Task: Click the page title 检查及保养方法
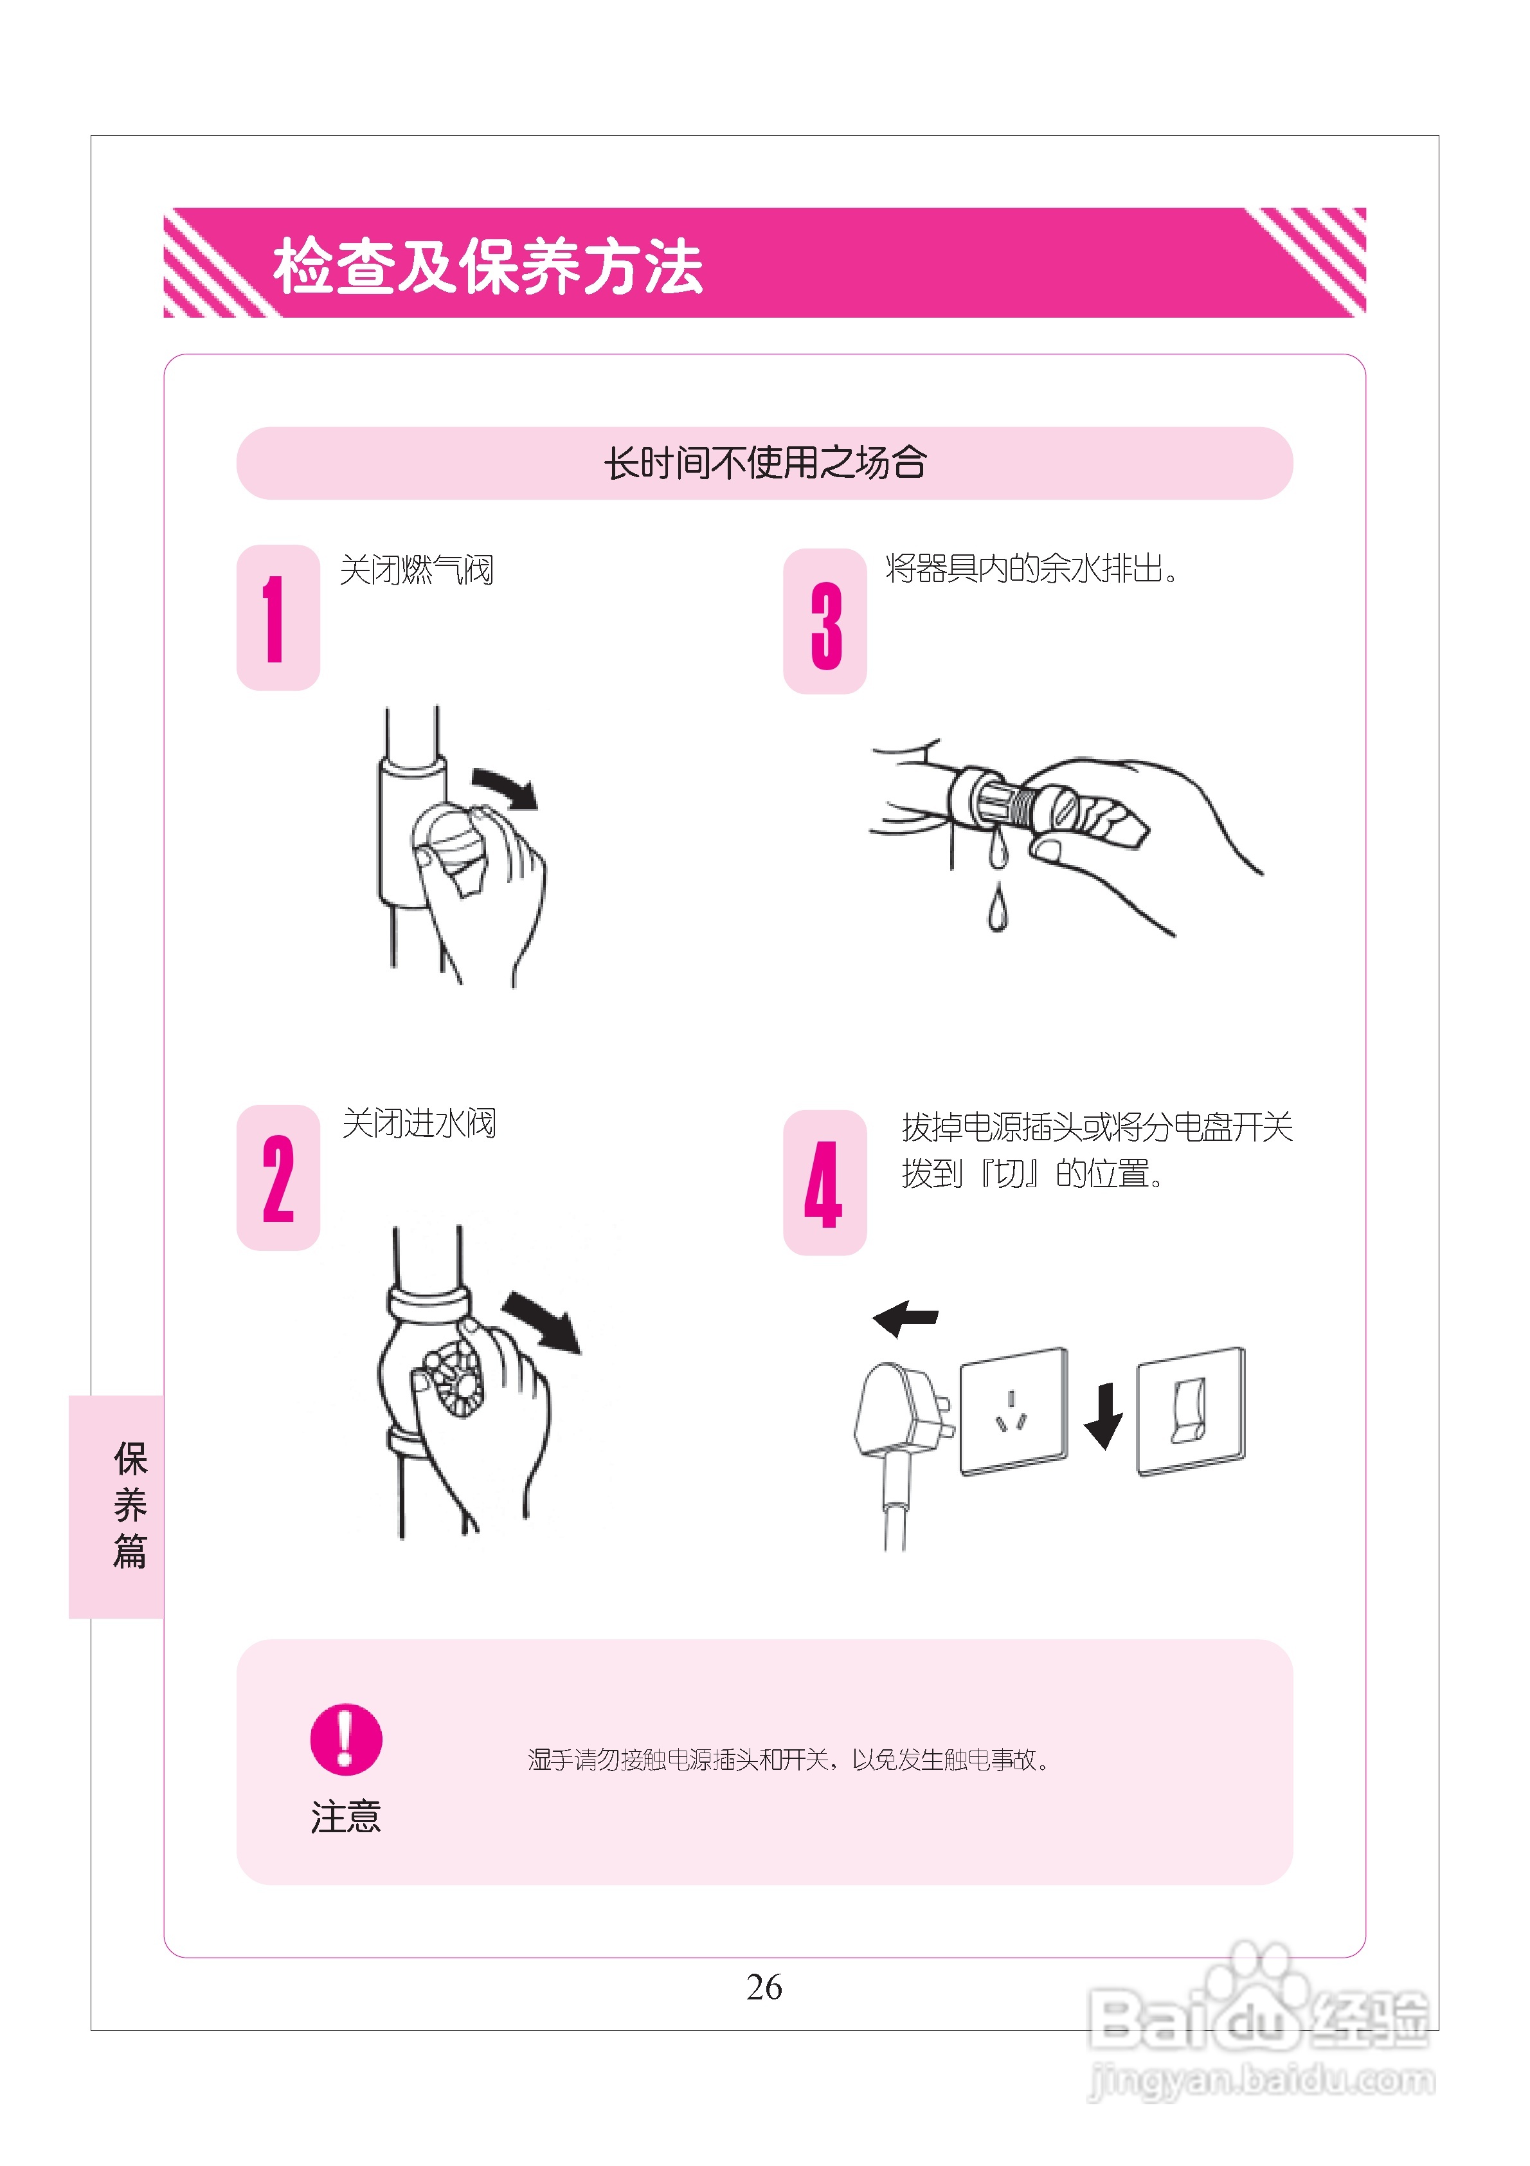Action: pos(488,267)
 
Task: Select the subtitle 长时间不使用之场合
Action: pos(764,463)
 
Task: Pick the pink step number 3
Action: pos(825,624)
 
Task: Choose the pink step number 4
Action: pos(824,1184)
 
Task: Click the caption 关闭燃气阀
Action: pos(416,570)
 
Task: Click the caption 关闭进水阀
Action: pos(418,1124)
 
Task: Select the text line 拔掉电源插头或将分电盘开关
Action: pos(1096,1126)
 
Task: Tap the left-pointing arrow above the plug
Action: pos(906,1317)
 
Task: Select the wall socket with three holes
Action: pos(1013,1410)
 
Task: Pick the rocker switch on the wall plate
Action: pos(1189,1411)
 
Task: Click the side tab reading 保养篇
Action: pos(129,1506)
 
